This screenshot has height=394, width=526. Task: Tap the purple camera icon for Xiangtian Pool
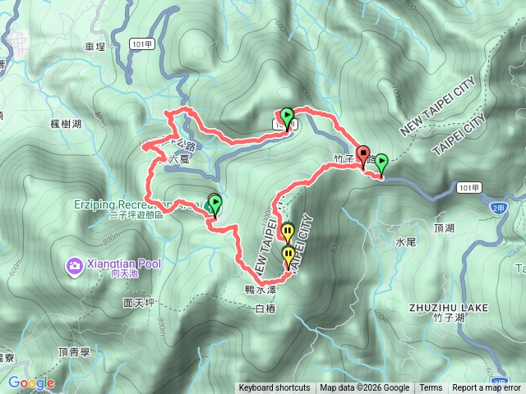(75, 265)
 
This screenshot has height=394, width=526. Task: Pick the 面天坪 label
(139, 302)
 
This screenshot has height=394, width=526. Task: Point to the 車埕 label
(95, 48)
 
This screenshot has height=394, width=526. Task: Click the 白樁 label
(265, 309)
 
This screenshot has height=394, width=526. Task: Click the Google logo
(31, 383)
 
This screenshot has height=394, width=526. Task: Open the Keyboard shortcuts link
(275, 388)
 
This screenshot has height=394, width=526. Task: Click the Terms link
(431, 388)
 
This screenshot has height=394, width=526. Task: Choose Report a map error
(487, 388)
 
